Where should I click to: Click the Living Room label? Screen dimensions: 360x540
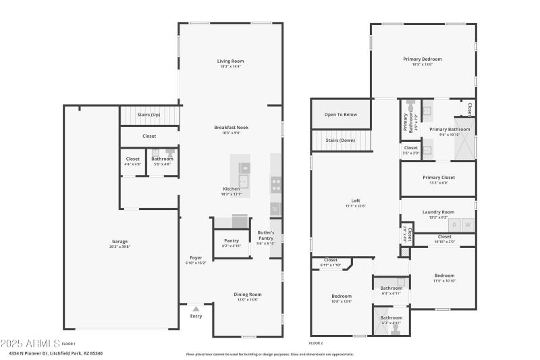coord(230,61)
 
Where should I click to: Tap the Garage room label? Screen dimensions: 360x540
coord(120,242)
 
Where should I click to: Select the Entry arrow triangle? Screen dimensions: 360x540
coord(196,309)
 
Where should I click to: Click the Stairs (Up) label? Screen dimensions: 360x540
coord(148,115)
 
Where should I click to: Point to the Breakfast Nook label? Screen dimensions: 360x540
coord(231,128)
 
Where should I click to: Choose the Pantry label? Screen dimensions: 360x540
coord(232,240)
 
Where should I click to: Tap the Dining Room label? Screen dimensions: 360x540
coord(247,294)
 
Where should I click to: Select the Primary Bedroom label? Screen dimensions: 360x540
coord(422,59)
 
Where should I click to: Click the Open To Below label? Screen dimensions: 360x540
coord(340,115)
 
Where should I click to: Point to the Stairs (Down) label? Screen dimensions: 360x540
coord(340,140)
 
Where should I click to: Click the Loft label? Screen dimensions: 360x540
coord(355,201)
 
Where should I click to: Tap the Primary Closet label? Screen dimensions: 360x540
coord(438,178)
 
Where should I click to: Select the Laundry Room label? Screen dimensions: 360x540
coord(438,212)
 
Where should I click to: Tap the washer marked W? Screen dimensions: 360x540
coord(467,224)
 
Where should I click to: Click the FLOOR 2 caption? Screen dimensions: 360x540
coord(316,344)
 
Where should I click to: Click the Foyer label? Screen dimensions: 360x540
coord(196,257)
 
